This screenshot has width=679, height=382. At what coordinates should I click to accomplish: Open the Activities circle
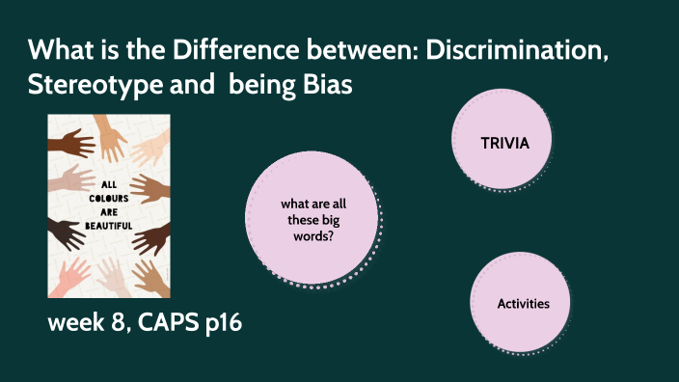[x=523, y=304]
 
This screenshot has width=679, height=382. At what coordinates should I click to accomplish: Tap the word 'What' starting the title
[x=58, y=49]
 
